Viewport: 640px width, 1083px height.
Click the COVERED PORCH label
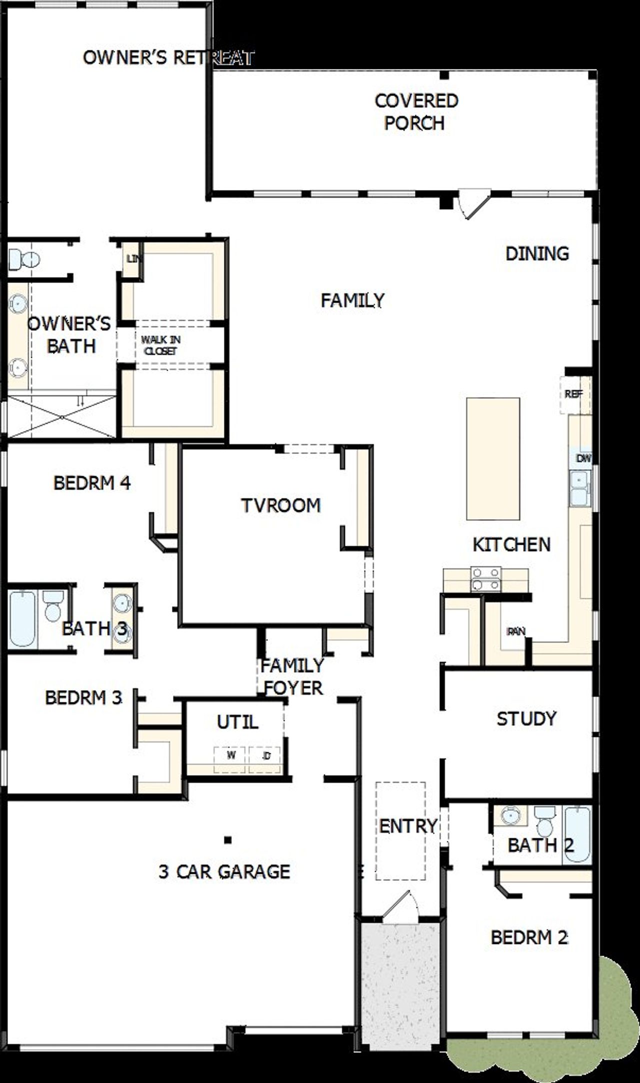point(415,112)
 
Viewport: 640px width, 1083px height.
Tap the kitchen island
point(492,459)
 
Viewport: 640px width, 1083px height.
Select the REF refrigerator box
point(573,395)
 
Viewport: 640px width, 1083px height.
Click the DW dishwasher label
point(582,458)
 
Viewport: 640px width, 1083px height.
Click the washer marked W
point(230,755)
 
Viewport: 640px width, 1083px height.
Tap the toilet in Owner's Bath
point(23,259)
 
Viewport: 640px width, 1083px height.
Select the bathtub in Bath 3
point(22,618)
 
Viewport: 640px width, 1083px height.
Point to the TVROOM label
point(280,505)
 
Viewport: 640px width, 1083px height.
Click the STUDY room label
point(526,719)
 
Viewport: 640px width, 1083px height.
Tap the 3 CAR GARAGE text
point(224,872)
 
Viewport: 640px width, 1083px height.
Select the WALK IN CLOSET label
point(160,345)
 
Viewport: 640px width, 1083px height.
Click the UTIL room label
point(237,722)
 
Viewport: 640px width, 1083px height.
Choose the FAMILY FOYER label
point(292,677)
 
